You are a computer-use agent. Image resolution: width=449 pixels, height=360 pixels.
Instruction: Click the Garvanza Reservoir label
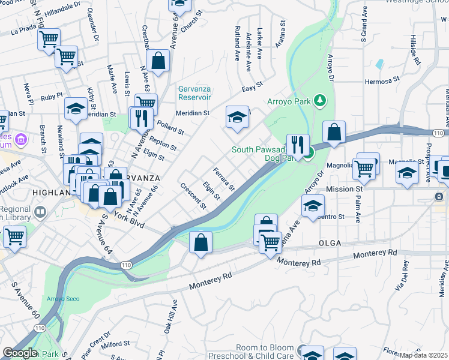[x=194, y=92]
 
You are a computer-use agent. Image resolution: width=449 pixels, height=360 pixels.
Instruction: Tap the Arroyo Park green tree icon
[x=321, y=100]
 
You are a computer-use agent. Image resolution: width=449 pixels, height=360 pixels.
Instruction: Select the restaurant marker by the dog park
[x=298, y=144]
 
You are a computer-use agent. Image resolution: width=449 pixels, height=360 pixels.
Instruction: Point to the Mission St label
[x=342, y=189]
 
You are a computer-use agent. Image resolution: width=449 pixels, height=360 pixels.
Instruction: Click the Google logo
[x=20, y=353]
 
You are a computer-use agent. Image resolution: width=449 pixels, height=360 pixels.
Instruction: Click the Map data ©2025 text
[x=424, y=355]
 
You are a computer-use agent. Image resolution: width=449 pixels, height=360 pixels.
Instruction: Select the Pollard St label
[x=170, y=127]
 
